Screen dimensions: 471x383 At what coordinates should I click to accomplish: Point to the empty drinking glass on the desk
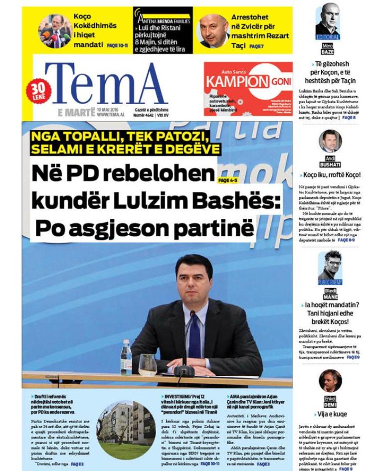coord(147,364)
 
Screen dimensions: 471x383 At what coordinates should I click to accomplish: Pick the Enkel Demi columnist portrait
coord(330,381)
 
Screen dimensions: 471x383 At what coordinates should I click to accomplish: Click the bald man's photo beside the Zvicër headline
coord(213,30)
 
